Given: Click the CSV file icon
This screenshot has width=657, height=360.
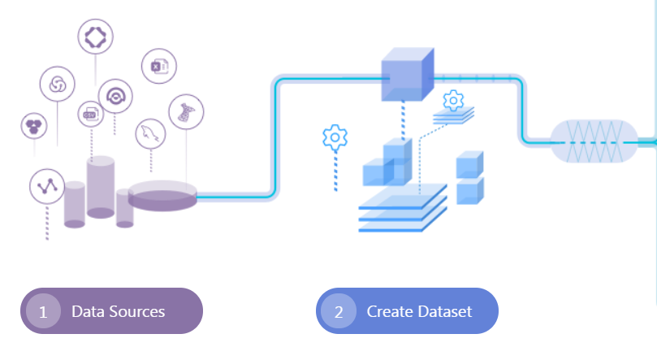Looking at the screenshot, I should [x=90, y=115].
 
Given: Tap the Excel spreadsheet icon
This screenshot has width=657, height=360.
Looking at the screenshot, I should [x=159, y=66].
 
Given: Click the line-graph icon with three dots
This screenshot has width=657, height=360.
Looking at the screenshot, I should [x=46, y=186].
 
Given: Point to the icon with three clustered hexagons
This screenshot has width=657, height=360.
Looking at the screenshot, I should [x=34, y=125].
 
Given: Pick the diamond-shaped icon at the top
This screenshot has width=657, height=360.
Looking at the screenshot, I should [x=95, y=36].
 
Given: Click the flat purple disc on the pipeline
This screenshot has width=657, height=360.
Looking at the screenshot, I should [x=162, y=195].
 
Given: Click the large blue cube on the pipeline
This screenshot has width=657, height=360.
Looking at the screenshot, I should [x=407, y=76].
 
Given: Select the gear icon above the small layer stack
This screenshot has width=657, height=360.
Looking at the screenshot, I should [x=453, y=101].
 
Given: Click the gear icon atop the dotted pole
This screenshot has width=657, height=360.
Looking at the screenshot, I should [x=335, y=137].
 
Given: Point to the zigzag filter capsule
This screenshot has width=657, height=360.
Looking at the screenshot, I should [x=594, y=141].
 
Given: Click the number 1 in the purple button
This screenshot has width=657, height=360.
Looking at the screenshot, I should [x=43, y=311].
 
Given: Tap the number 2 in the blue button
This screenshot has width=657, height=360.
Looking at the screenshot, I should [x=339, y=311].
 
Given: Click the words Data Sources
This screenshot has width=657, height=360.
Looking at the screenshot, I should [x=118, y=311].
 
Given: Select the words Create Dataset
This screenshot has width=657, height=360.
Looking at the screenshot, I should [x=419, y=311].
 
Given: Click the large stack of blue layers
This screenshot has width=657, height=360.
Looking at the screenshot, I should [x=403, y=209].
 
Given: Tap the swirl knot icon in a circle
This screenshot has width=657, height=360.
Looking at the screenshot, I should [x=58, y=84].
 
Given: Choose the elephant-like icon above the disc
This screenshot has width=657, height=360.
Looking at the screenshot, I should [x=186, y=111].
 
